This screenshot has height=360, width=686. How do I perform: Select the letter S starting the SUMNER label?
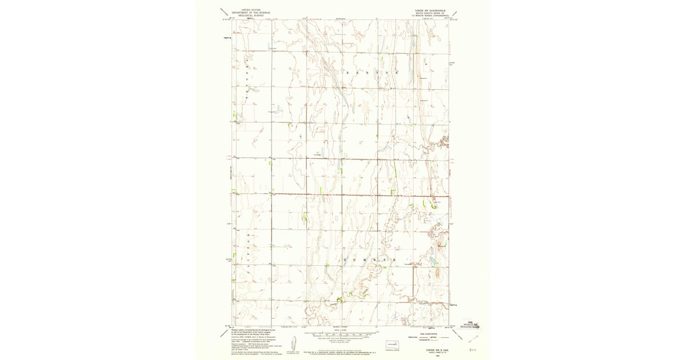pos(347,259)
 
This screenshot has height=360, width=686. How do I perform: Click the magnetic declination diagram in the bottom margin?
pos(293,343)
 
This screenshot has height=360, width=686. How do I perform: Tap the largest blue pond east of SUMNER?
pos(433,261)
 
